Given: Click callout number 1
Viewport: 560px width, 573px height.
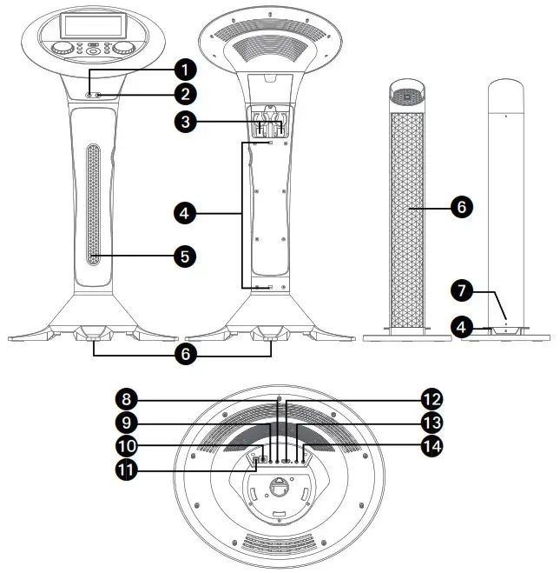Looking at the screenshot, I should click(185, 68).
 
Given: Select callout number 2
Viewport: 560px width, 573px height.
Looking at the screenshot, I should click(185, 93).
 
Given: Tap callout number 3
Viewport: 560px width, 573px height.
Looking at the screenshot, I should click(184, 123).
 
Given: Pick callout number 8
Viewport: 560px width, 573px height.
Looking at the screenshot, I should click(129, 399).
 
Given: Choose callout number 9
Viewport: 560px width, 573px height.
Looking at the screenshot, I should click(129, 423).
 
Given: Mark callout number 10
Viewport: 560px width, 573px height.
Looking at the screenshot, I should click(129, 446).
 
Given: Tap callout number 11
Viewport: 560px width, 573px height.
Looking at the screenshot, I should click(129, 470).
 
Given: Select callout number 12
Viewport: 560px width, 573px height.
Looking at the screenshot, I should click(431, 399).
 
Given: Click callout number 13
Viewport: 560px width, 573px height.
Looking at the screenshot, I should click(431, 423).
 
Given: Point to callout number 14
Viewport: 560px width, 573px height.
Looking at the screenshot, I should click(431, 446).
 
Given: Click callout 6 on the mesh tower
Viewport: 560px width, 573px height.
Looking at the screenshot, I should click(460, 207).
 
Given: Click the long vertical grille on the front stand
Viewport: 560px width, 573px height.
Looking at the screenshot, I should click(95, 205).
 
